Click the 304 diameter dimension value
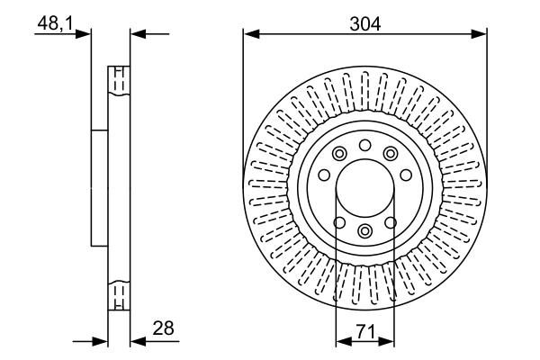click(x=364, y=24)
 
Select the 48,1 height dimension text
click(x=54, y=24)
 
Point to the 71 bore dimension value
click(x=364, y=331)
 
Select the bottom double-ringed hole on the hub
click(x=364, y=231)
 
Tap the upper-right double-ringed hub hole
click(x=391, y=154)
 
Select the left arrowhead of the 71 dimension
click(x=341, y=341)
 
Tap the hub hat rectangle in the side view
click(x=99, y=187)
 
